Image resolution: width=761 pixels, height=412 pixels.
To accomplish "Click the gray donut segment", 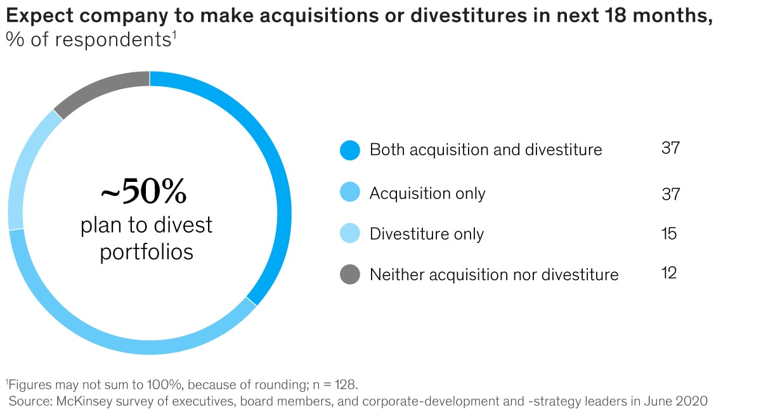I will click(101, 86).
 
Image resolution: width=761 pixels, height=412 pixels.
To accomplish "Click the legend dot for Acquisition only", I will click(349, 193).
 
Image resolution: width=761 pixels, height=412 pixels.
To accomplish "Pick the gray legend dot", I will click(349, 274).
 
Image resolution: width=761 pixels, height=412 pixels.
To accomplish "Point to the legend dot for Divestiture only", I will click(349, 233).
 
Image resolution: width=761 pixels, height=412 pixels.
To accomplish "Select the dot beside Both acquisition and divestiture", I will click(349, 150).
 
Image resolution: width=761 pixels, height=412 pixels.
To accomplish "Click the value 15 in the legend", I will click(668, 233).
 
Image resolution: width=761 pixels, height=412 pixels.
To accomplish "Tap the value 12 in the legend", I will click(668, 273).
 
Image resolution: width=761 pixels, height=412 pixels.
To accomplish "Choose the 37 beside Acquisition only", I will click(670, 193).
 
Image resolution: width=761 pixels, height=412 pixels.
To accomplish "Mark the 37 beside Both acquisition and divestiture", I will click(670, 149).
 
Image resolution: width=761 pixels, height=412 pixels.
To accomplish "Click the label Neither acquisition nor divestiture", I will click(493, 274).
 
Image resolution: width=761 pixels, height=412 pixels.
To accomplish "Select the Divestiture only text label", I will click(426, 234).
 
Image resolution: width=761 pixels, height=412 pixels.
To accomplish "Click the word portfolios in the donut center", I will click(146, 252).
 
